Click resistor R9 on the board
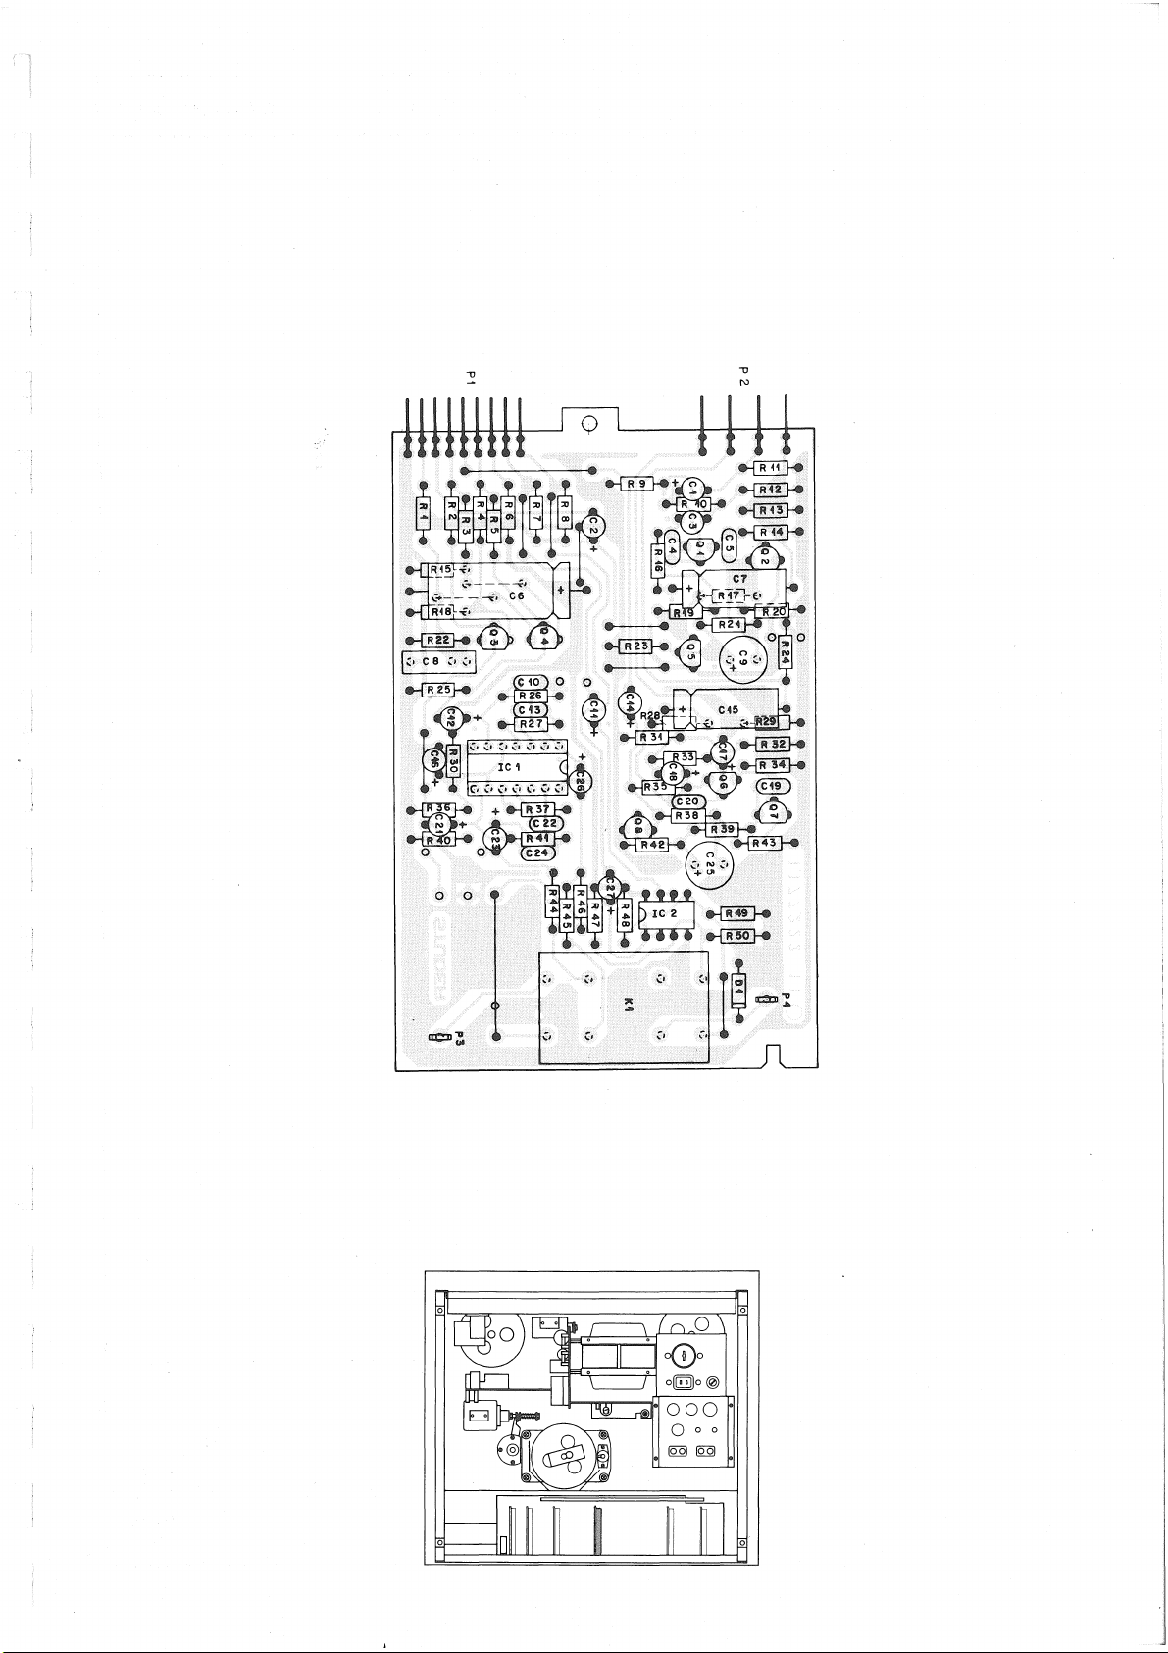[x=637, y=483]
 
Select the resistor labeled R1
[x=423, y=511]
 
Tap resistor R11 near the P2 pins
[x=769, y=468]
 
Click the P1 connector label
[x=470, y=377]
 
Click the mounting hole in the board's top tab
[x=589, y=424]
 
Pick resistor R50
[x=736, y=936]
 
